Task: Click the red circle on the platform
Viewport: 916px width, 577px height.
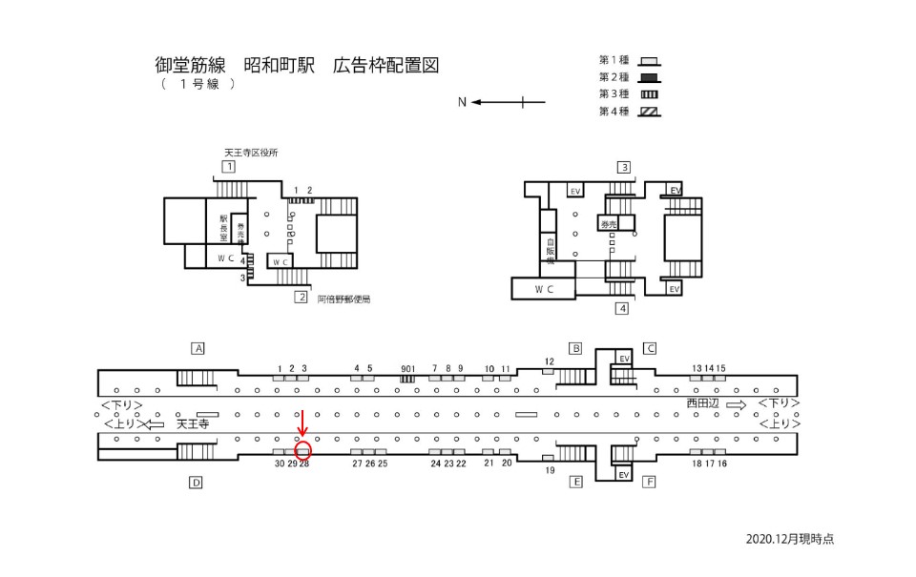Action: click(303, 451)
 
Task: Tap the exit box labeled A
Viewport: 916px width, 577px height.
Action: click(198, 348)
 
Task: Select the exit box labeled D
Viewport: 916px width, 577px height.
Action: click(196, 483)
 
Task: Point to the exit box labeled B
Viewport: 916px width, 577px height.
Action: click(575, 348)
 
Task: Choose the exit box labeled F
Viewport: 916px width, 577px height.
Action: click(649, 483)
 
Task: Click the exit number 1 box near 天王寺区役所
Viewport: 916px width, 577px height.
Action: click(228, 167)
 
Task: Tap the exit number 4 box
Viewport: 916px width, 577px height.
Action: click(622, 308)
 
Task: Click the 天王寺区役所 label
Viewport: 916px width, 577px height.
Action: click(250, 152)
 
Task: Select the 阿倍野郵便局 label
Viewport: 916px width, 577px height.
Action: click(343, 299)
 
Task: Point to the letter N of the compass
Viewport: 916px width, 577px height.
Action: click(462, 102)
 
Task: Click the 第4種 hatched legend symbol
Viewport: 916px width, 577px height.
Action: click(650, 112)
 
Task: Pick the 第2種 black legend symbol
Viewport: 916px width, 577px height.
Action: click(650, 77)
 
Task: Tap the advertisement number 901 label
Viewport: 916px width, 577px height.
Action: click(407, 368)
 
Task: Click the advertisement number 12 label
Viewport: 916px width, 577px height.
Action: click(549, 361)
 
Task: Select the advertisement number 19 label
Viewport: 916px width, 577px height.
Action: click(549, 470)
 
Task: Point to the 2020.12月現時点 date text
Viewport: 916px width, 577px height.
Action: click(790, 539)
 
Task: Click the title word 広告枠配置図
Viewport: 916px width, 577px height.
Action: click(386, 66)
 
